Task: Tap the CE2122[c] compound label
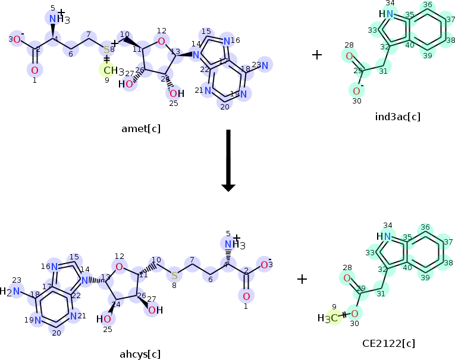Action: coord(388,343)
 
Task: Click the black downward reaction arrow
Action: coord(228,161)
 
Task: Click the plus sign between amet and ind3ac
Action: coord(317,55)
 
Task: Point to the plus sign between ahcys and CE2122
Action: coord(302,278)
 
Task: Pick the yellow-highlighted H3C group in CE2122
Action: coord(328,318)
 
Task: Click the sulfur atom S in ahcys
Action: coord(174,275)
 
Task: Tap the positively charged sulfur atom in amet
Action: coord(107,49)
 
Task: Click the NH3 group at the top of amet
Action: coord(57,19)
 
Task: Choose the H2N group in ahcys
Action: coord(12,291)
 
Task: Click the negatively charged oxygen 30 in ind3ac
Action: coord(356,91)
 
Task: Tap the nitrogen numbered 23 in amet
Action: coord(264,66)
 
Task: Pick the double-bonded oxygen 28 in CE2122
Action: coord(346,277)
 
